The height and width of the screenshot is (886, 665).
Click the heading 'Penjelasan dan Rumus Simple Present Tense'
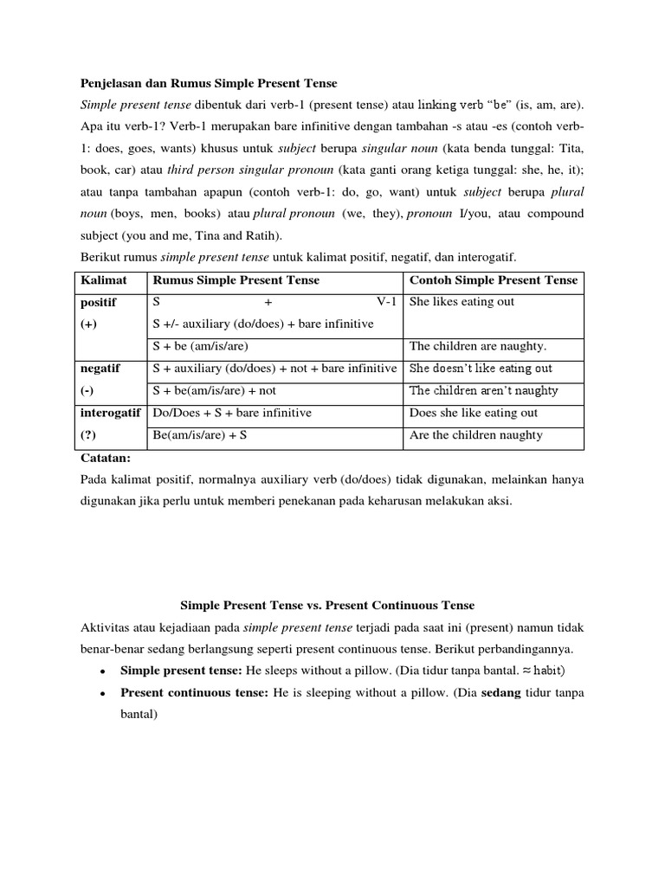pyautogui.click(x=209, y=83)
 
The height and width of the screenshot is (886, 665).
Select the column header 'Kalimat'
pyautogui.click(x=104, y=280)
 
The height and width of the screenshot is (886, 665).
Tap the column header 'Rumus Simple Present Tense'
pyautogui.click(x=236, y=280)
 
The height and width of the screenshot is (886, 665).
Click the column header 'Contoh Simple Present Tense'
pyautogui.click(x=494, y=280)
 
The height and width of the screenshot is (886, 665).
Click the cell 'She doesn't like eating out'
pyautogui.click(x=481, y=369)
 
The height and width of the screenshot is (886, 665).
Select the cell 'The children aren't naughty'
pyautogui.click(x=483, y=391)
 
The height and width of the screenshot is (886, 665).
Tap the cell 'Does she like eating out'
pyautogui.click(x=474, y=414)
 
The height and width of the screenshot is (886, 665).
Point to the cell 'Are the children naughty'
pyautogui.click(x=475, y=435)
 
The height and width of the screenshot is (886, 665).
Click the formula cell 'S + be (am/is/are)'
pyautogui.click(x=200, y=346)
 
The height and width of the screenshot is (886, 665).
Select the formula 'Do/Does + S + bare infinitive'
pyautogui.click(x=231, y=414)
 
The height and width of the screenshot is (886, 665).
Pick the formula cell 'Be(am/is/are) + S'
pyautogui.click(x=200, y=435)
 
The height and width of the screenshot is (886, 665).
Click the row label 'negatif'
pyautogui.click(x=100, y=369)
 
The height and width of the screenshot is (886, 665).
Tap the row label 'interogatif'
pyautogui.click(x=110, y=414)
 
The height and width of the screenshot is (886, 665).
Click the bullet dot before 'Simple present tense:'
pyautogui.click(x=103, y=671)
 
